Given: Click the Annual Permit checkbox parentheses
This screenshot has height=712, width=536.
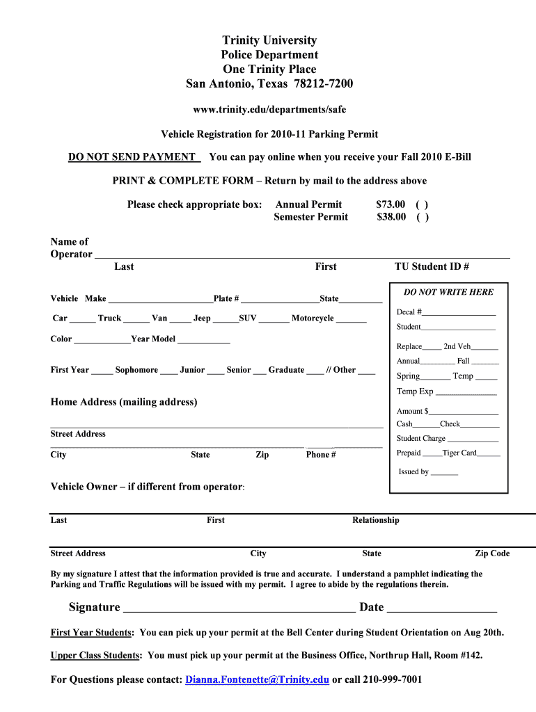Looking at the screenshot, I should pos(422,204).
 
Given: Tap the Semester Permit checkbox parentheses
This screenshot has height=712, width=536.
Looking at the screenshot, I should pos(423,217).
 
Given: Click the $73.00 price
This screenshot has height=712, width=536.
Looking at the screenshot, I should pos(391,204).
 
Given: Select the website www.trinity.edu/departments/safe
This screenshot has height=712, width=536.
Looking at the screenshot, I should pos(269,109).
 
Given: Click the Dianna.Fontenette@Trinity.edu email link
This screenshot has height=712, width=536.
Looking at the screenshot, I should pos(257,679).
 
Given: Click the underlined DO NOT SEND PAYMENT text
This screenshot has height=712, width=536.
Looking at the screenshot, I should pos(132,157).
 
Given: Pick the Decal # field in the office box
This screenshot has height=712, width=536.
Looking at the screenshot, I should pos(459,314).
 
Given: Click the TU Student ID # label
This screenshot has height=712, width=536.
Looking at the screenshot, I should pos(432,266).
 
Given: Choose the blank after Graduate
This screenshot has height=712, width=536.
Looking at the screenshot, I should pos(315,371).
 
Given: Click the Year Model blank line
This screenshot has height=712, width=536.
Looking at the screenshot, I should pos(203,341).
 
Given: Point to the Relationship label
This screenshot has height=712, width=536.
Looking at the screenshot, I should pos(376,520).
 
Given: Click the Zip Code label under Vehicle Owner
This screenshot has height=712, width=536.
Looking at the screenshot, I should pos(492,553).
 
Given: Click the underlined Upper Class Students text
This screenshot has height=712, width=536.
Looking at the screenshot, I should pos(96,655).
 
